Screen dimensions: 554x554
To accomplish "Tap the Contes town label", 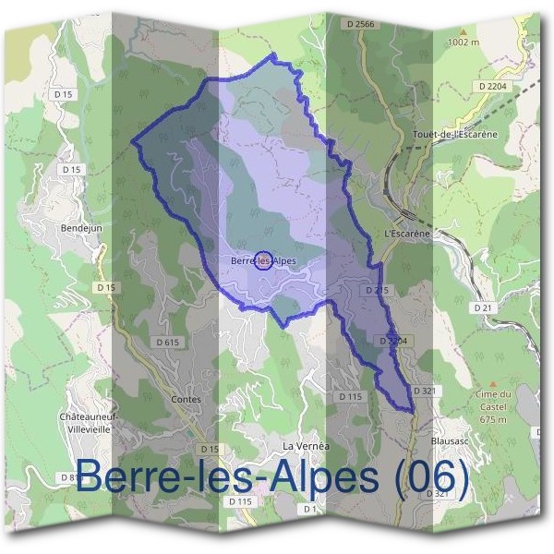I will point(187,400).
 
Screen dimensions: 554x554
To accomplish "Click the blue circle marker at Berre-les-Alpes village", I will point(262,260).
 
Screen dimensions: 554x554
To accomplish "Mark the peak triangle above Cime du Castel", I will point(492,382).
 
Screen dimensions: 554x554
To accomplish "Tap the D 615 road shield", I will point(167,342).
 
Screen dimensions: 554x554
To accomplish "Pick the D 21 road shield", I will point(480,307).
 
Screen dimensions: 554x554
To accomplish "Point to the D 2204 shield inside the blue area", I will point(393,341).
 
